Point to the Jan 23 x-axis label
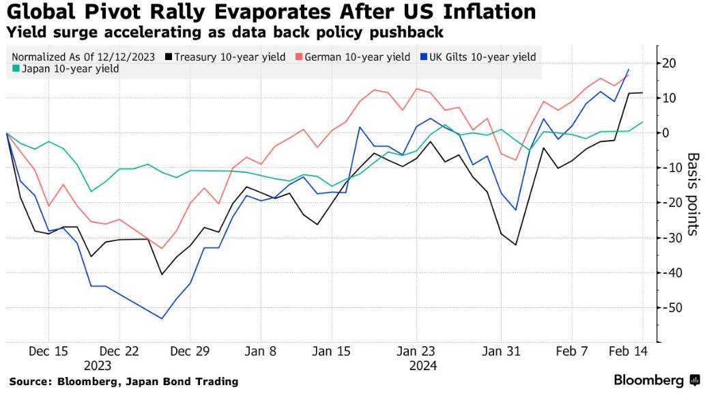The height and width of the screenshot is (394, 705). [x=416, y=352]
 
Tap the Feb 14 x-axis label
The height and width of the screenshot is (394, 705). [x=627, y=352]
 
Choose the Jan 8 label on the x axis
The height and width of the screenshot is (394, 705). [x=262, y=352]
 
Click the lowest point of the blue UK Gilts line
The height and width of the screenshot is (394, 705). [x=162, y=318]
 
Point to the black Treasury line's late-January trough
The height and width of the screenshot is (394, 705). [x=516, y=244]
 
